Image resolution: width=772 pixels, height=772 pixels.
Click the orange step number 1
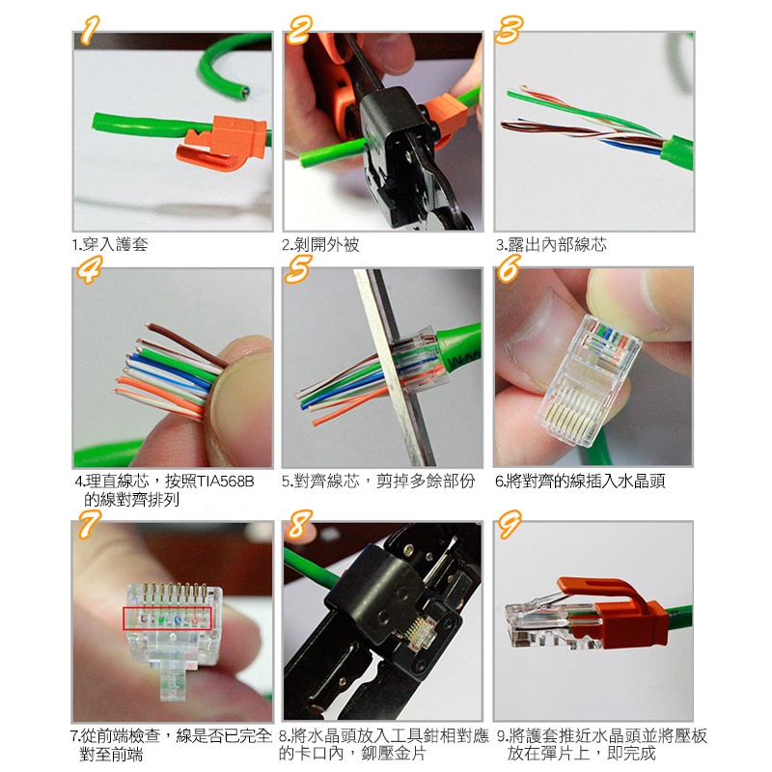[x=89, y=30]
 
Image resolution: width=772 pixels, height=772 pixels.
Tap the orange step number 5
[x=298, y=269]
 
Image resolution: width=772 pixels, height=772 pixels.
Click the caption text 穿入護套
[x=115, y=244]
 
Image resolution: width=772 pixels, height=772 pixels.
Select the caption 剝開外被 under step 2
[x=327, y=244]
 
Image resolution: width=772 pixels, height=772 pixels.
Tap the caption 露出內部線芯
[x=557, y=244]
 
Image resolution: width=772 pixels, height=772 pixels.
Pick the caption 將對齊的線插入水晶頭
[x=586, y=481]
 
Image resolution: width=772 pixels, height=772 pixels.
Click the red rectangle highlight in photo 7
[x=167, y=618]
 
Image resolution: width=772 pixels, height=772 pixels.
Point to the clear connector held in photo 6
[x=589, y=380]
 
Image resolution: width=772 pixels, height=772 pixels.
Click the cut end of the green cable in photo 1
[x=244, y=90]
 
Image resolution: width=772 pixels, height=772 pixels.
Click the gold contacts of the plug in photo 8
[x=420, y=629]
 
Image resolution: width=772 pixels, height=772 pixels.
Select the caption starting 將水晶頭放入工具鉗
[x=383, y=744]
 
